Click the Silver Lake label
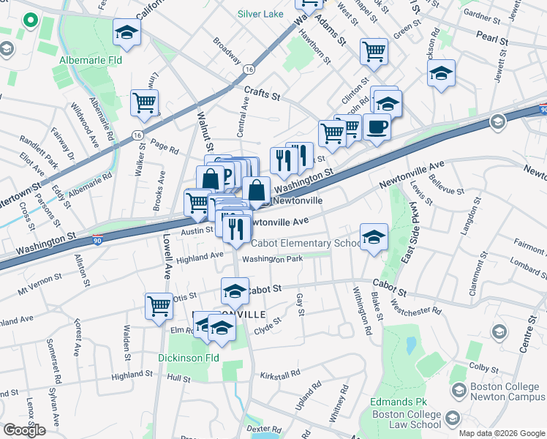point(261,14)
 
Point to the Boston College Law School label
point(406,419)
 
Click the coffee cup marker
point(377,127)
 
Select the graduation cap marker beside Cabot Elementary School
point(374,238)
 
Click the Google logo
point(24,430)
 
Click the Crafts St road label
point(262,94)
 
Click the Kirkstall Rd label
point(280,375)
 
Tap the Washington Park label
point(272,259)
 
